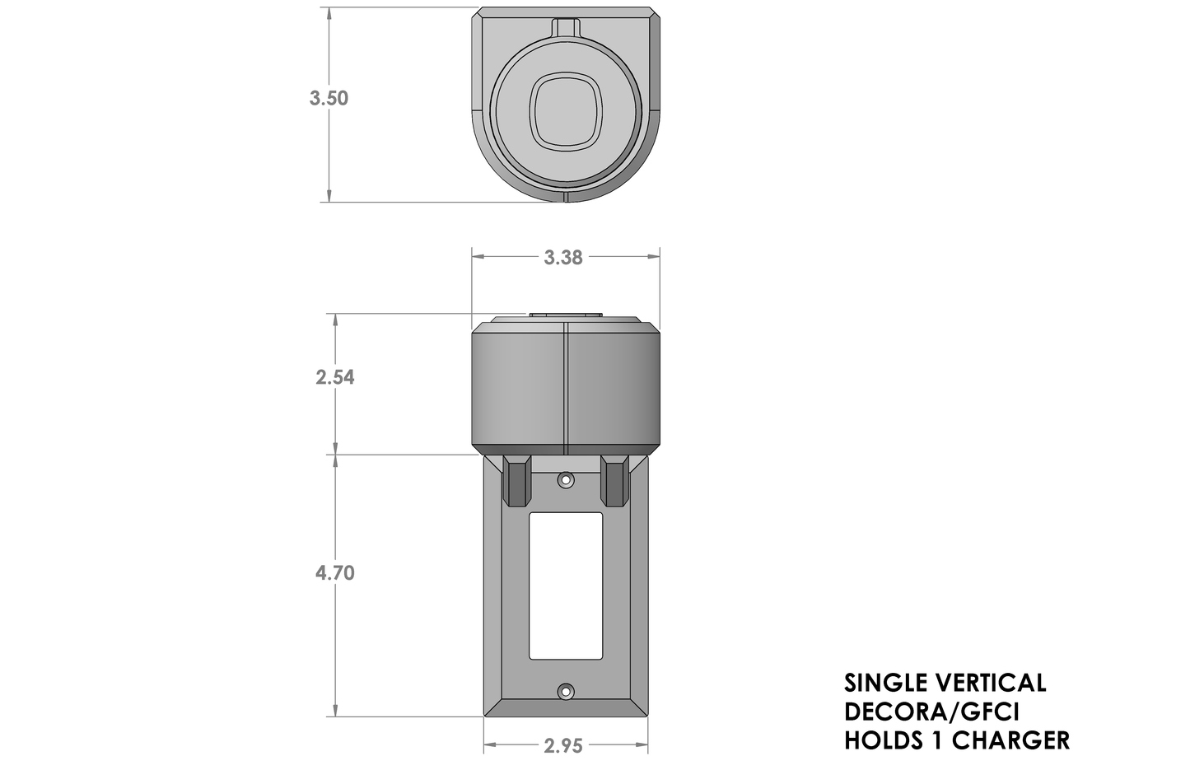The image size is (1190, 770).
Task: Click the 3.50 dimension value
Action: point(329,98)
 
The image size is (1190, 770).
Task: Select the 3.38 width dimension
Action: point(563,258)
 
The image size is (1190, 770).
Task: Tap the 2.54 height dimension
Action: point(334,377)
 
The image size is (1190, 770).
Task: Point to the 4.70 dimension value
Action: point(334,572)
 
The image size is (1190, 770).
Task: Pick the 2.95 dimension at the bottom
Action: point(563,746)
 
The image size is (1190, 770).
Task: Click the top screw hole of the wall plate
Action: point(565,478)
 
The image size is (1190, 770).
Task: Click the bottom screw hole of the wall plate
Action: point(565,692)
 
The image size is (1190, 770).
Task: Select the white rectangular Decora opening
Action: point(565,586)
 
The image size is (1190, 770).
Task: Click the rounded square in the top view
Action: point(565,112)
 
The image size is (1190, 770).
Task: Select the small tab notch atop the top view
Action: point(565,26)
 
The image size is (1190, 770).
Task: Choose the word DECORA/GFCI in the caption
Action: point(931,712)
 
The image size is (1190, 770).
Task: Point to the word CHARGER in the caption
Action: point(1010,740)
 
